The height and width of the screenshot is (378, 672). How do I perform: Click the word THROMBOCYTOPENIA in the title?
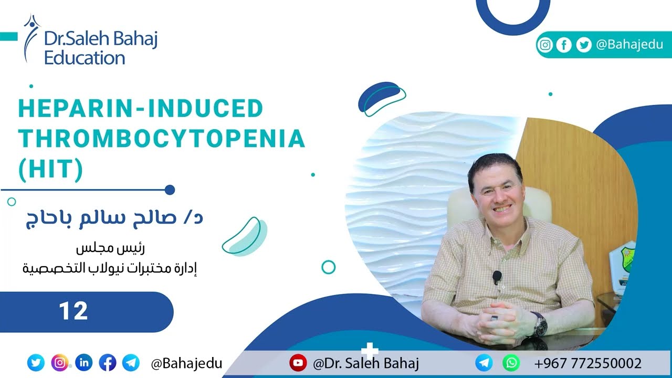click(x=161, y=139)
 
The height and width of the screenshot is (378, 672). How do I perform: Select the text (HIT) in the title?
click(x=50, y=170)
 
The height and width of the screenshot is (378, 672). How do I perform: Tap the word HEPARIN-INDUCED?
click(x=140, y=109)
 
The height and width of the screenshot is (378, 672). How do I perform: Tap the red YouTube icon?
click(x=298, y=363)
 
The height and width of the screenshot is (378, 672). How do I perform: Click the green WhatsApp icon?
click(x=511, y=363)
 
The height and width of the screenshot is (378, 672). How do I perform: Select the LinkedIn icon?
click(x=84, y=362)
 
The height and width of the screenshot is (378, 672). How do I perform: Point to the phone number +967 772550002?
click(x=587, y=363)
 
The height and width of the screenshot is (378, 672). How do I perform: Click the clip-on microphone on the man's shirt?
click(x=497, y=276)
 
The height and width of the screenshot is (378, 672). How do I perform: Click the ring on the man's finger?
click(x=493, y=318)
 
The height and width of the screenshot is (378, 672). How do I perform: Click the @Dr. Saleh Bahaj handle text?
click(x=365, y=363)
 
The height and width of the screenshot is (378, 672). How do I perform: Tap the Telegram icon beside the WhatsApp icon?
click(x=484, y=363)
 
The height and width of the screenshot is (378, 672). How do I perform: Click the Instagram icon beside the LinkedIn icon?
click(x=60, y=362)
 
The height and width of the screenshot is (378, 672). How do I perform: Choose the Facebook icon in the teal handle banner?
click(x=563, y=45)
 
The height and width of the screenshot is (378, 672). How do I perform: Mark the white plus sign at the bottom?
click(x=370, y=350)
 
